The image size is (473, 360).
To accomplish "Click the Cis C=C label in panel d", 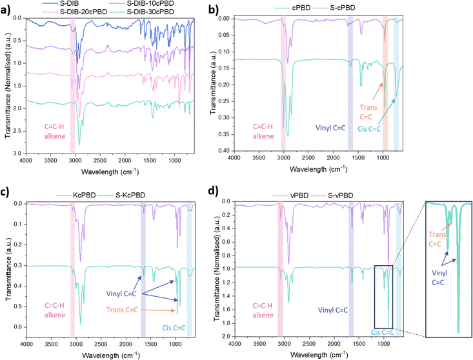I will (385, 332).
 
